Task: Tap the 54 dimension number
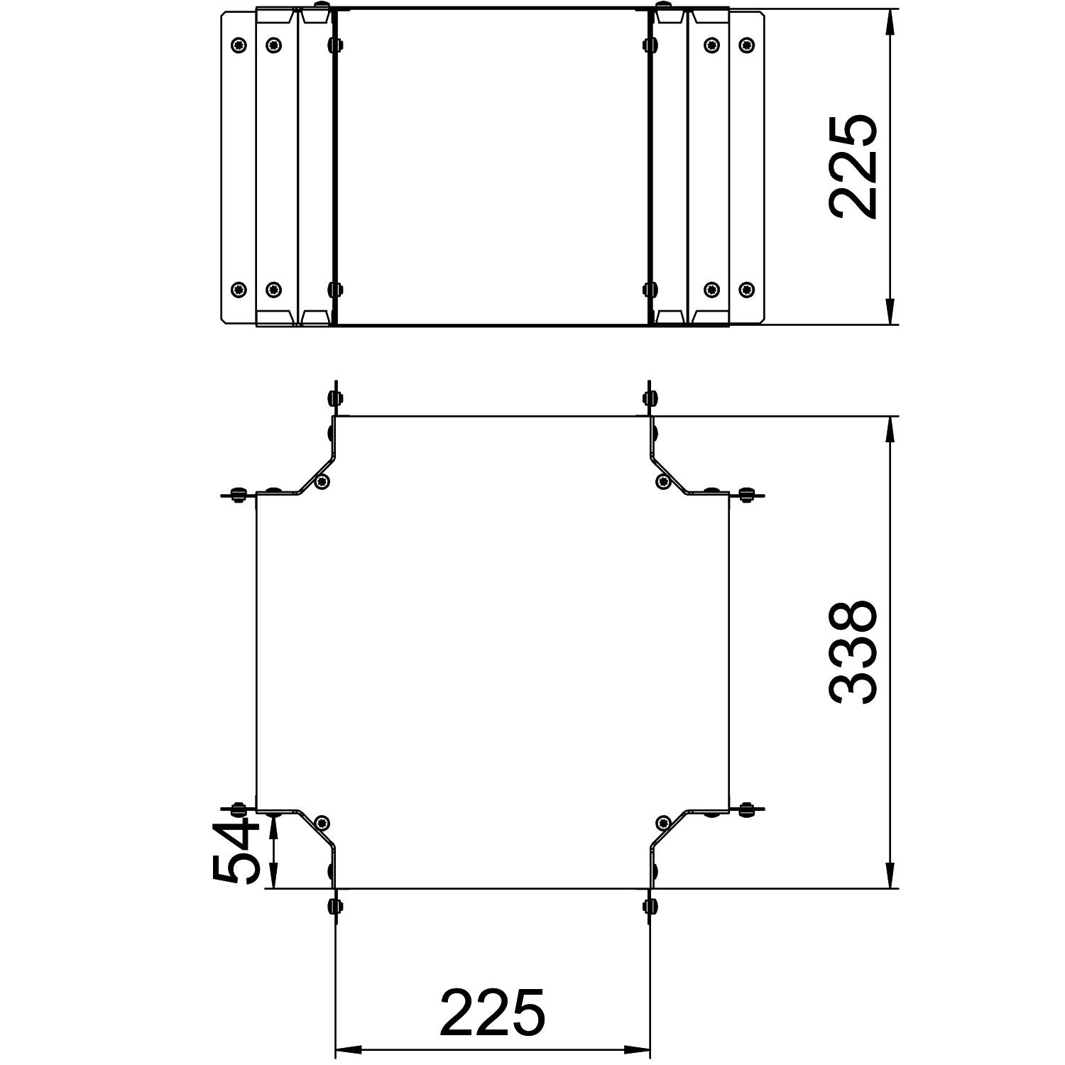(236, 850)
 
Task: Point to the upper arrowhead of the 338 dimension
(890, 430)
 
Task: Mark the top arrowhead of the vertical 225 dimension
(890, 22)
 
